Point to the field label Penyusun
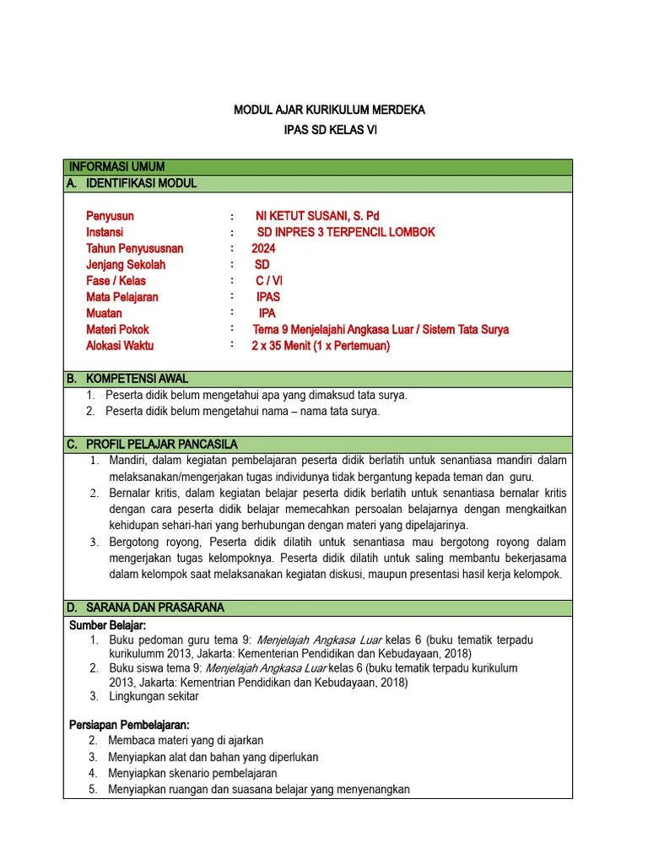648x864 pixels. pyautogui.click(x=110, y=216)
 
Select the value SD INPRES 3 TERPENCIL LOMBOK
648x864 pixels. pyautogui.click(x=346, y=232)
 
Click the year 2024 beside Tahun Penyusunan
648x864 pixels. pyautogui.click(x=263, y=248)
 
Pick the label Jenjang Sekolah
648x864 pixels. pyautogui.click(x=126, y=264)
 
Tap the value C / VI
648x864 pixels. pyautogui.click(x=269, y=281)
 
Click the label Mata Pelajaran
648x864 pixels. pyautogui.click(x=122, y=297)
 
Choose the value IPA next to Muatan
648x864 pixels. pyautogui.click(x=267, y=313)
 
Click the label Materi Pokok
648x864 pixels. pyautogui.click(x=117, y=329)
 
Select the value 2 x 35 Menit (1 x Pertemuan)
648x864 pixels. pyautogui.click(x=321, y=345)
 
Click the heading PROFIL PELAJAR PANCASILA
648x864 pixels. pyautogui.click(x=164, y=444)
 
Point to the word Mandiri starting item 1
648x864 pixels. pyautogui.click(x=127, y=460)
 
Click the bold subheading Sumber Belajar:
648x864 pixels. pyautogui.click(x=107, y=624)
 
